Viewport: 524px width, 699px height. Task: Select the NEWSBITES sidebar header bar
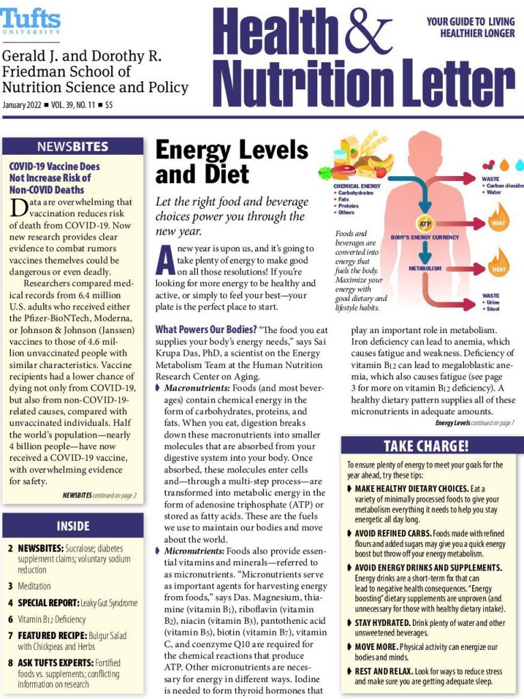coord(73,146)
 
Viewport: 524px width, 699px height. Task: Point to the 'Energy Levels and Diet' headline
coord(231,162)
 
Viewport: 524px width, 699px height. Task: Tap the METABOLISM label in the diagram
coord(425,268)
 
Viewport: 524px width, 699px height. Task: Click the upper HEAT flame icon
coord(498,221)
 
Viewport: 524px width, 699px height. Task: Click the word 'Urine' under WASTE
coord(493,302)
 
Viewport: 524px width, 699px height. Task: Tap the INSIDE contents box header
coord(73,526)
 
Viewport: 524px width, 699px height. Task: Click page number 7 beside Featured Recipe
coord(10,636)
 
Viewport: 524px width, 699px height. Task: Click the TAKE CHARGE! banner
coord(426,446)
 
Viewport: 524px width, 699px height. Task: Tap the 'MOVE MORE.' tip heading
coord(376,646)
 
